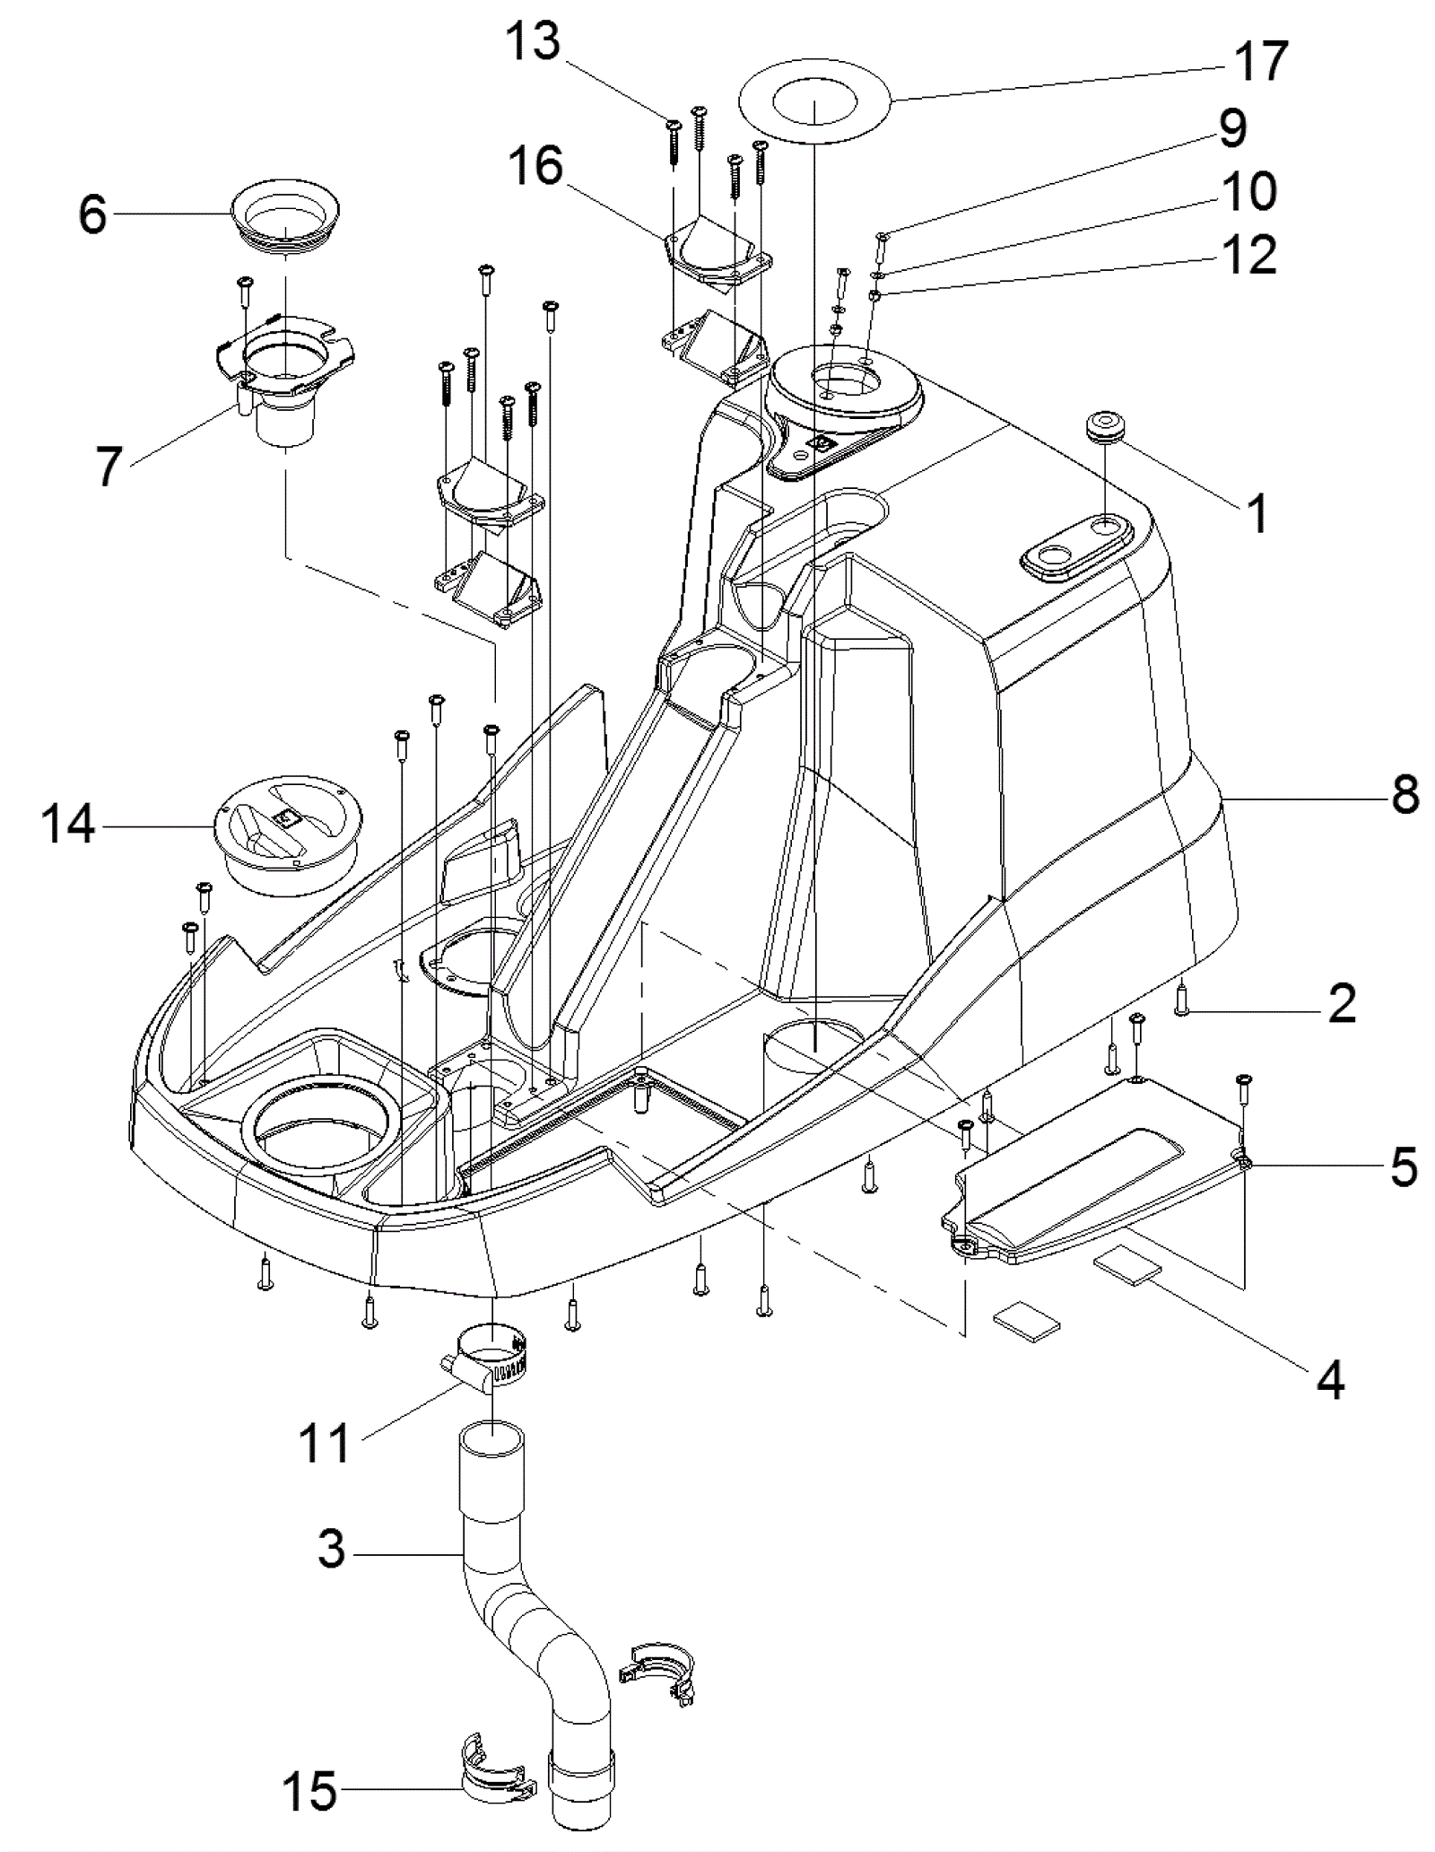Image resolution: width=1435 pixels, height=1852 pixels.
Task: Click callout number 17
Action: [x=1261, y=61]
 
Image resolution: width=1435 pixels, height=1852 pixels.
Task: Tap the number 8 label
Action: [x=1405, y=795]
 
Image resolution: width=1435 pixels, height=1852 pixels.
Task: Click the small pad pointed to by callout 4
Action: [x=1126, y=1271]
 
